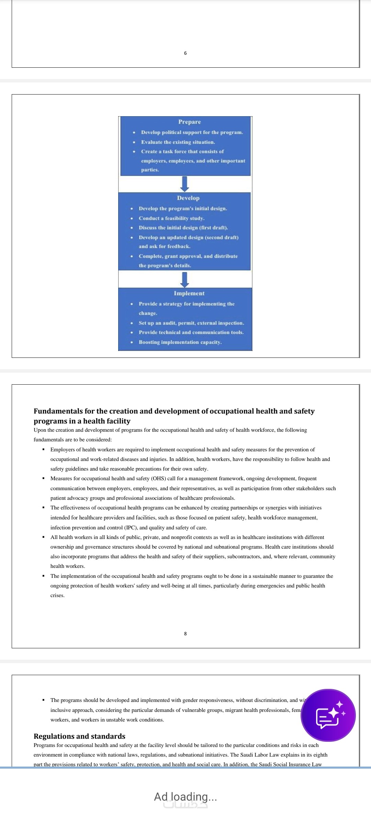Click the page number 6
(x=185, y=53)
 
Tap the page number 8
(x=185, y=634)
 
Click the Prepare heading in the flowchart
(x=189, y=122)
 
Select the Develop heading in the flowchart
(x=188, y=198)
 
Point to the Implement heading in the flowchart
(x=189, y=293)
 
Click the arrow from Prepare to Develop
(x=185, y=184)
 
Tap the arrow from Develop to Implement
(x=185, y=279)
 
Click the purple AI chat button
(x=328, y=715)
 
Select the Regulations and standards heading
(x=79, y=736)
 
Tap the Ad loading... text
(x=185, y=796)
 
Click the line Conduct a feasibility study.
(x=171, y=218)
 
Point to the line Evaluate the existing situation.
(x=178, y=142)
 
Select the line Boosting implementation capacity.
(x=180, y=342)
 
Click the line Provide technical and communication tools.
(x=191, y=332)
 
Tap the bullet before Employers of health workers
(x=44, y=449)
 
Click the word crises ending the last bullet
(x=57, y=595)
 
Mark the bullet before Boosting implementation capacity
(x=132, y=342)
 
